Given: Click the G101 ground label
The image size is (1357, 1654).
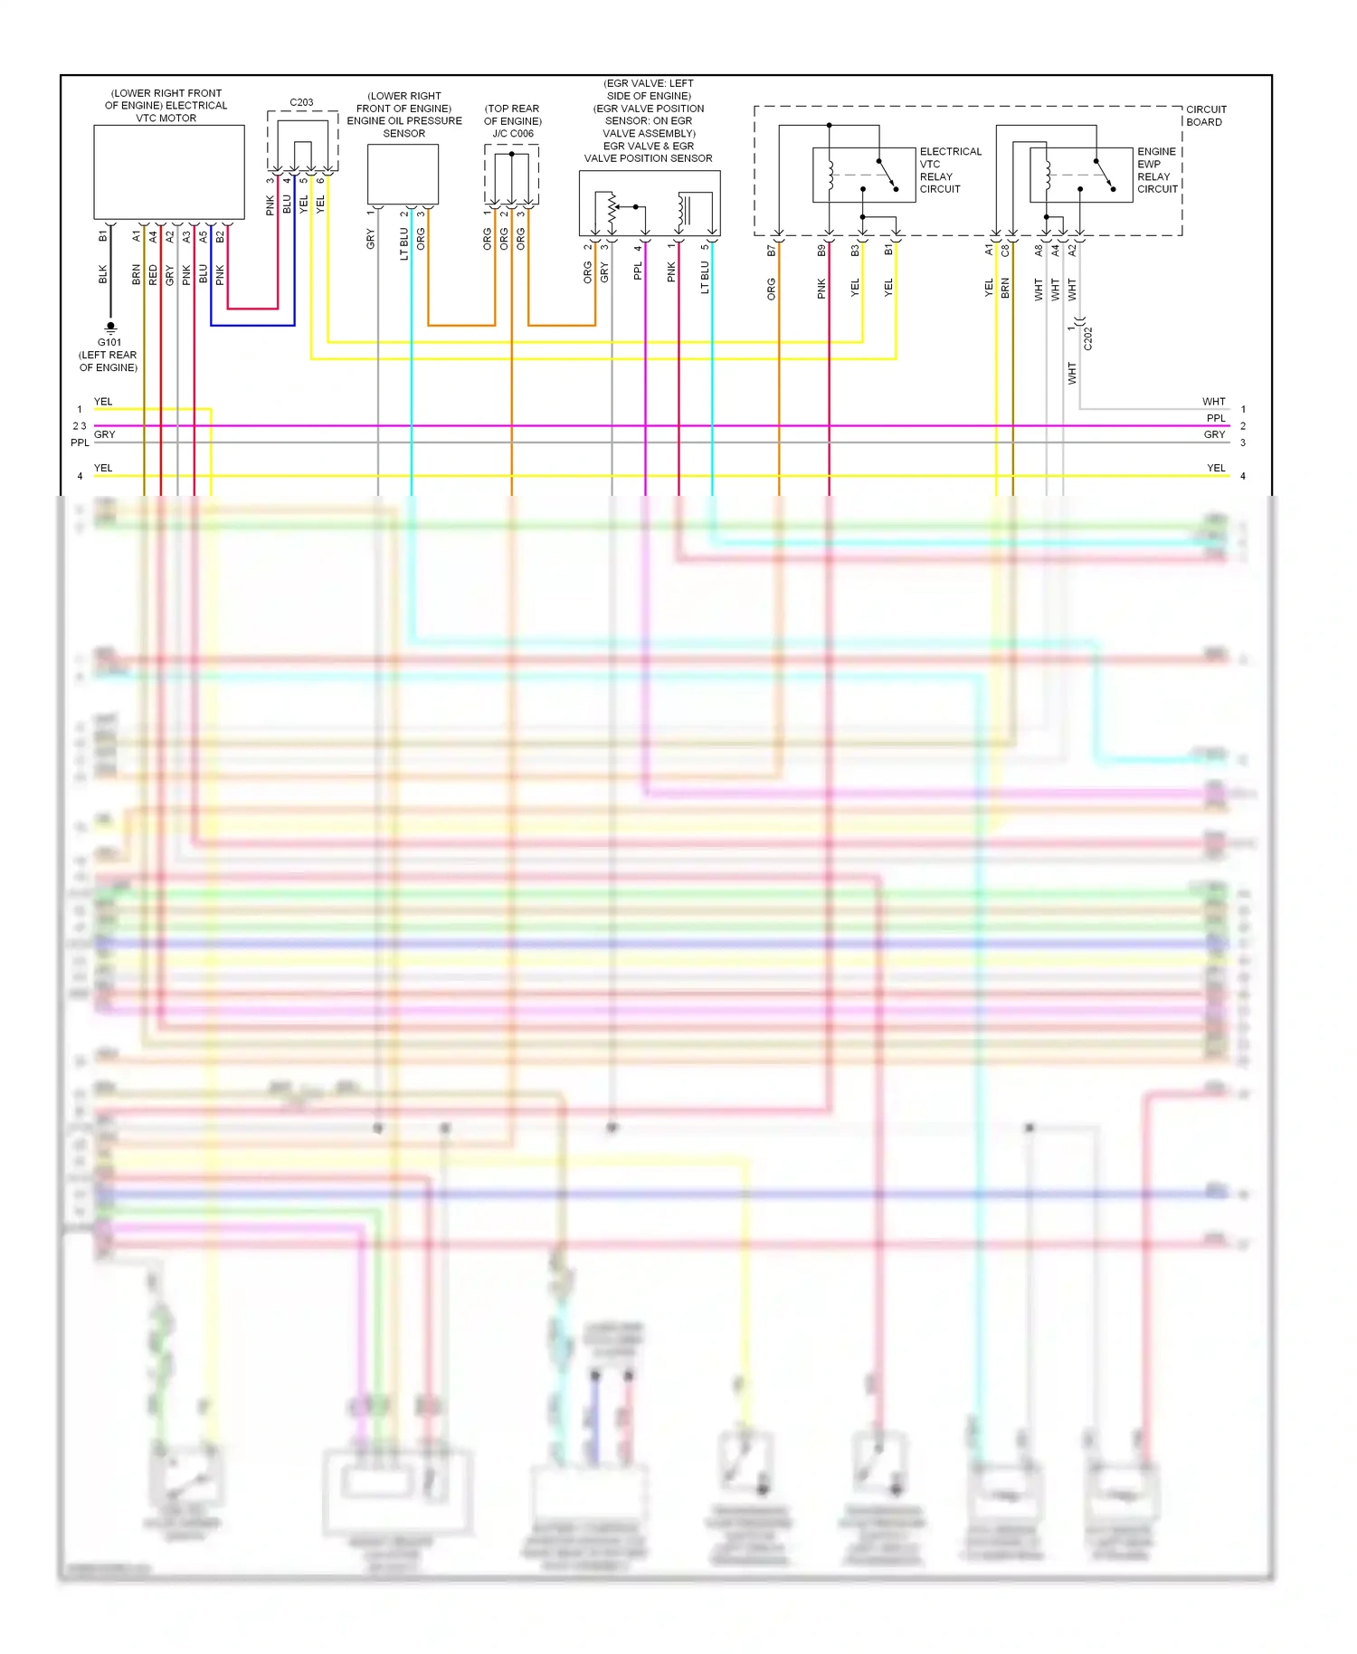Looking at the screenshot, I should (x=109, y=342).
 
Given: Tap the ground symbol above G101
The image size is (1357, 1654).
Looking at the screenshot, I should (x=110, y=327).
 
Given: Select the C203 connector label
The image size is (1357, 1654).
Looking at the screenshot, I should (x=301, y=102).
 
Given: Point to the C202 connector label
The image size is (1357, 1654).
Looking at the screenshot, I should (x=1088, y=338).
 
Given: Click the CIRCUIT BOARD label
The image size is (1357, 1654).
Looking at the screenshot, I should (x=1206, y=116).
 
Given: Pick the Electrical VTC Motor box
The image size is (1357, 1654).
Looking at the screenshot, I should (x=169, y=172).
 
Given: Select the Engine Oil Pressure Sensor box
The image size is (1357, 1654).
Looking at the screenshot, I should (x=403, y=174).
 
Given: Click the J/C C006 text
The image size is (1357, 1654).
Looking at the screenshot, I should (x=513, y=133).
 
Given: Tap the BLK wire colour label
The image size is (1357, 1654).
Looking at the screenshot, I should (x=103, y=274).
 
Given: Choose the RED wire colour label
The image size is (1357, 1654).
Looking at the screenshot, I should (x=153, y=274).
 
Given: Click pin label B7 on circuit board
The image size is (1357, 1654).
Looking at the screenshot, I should (x=772, y=251).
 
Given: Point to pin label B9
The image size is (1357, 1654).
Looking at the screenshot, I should (x=821, y=251).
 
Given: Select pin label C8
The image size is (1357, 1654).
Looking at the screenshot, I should (x=1005, y=251).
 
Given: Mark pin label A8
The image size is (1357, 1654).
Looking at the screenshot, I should (x=1039, y=251).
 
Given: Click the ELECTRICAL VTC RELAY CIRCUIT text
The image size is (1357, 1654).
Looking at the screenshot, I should (x=950, y=170).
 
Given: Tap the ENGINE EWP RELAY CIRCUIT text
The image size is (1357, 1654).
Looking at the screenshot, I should (x=1157, y=170).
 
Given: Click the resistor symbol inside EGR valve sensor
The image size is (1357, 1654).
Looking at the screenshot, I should (x=612, y=210).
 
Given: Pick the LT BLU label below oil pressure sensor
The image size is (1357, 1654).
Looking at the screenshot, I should (x=404, y=243).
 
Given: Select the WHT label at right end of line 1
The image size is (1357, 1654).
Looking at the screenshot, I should (x=1213, y=402).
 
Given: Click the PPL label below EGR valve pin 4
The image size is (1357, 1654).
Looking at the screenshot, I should (x=638, y=271).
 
